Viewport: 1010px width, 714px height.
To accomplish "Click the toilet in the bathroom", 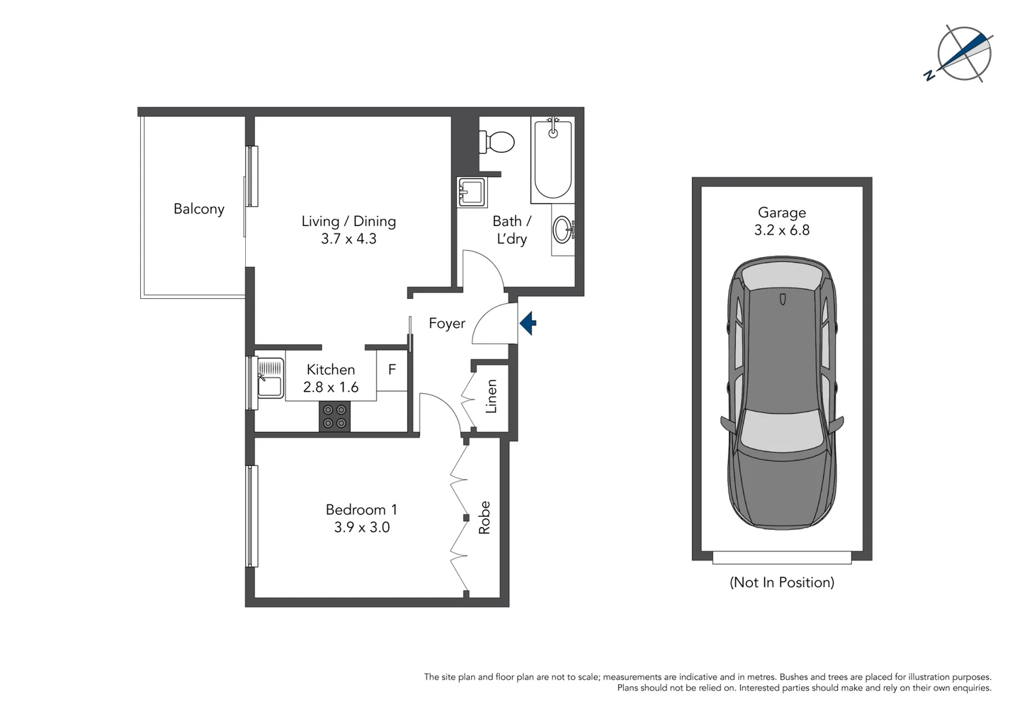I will [499, 141].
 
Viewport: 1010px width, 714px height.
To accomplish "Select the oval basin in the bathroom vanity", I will [563, 230].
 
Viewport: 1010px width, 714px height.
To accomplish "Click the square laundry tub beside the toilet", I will [472, 192].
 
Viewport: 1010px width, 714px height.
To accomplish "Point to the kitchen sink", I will [270, 378].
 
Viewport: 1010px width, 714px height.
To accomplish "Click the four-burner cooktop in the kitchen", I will [334, 416].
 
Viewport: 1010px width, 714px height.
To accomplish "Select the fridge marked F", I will [392, 370].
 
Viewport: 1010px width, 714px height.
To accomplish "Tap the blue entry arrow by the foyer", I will [528, 323].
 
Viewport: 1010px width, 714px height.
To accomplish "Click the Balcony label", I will [199, 209].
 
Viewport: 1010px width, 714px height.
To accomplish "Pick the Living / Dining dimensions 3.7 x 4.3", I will [348, 239].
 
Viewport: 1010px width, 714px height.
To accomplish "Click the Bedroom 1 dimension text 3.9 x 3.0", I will [362, 528].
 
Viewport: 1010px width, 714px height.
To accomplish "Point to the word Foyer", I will [447, 323].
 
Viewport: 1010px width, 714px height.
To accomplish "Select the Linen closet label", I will [491, 397].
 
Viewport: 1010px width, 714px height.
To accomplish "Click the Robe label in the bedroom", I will [485, 517].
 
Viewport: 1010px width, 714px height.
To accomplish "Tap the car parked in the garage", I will [782, 393].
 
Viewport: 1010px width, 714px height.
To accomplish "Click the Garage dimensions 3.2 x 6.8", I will [782, 230].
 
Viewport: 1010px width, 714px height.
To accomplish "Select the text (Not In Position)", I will [782, 582].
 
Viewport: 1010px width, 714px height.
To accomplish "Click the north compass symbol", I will [964, 54].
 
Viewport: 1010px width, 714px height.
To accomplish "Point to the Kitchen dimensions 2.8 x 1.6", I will [330, 387].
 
